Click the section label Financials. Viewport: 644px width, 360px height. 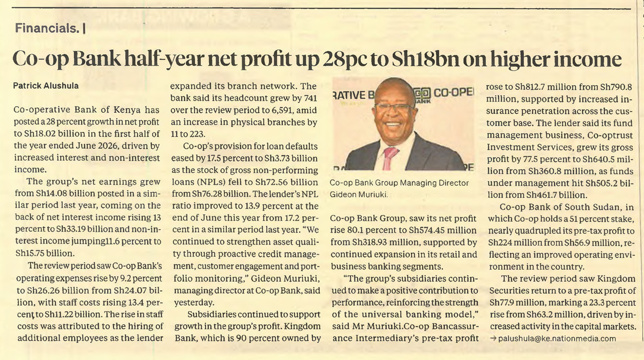(47, 28)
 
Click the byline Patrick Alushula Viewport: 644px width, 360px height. (46, 86)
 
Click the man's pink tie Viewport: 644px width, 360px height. (389, 157)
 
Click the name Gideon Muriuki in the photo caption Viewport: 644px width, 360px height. (358, 194)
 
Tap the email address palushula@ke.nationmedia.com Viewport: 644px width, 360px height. (557, 338)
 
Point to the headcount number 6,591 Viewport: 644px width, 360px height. (277, 110)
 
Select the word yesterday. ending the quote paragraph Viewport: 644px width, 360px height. (194, 303)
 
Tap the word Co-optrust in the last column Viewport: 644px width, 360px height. (610, 135)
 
